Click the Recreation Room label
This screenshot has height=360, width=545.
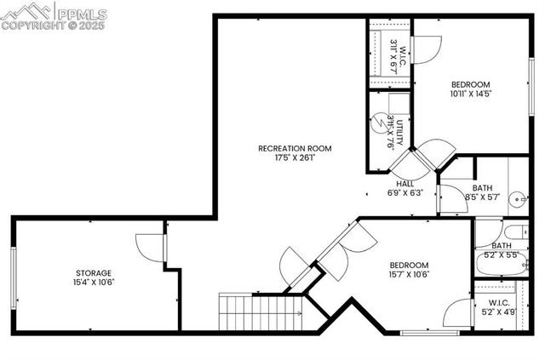[x=295, y=148]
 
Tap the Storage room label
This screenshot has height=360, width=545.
[x=94, y=273]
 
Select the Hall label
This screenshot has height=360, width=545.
[x=405, y=184]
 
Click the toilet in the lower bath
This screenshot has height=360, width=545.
[x=513, y=233]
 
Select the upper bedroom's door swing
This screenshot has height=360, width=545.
[x=426, y=48]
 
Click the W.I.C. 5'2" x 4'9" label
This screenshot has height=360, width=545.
[x=498, y=307]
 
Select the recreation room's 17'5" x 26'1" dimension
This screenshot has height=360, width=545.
[x=295, y=157]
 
